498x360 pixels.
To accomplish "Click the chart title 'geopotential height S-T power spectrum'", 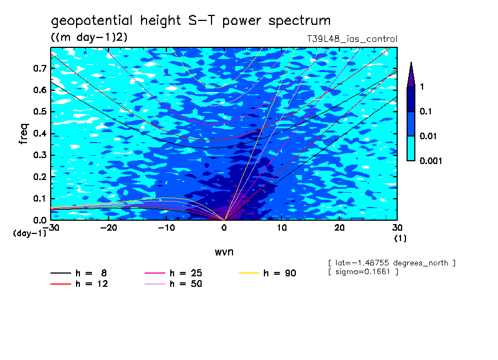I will [191, 21].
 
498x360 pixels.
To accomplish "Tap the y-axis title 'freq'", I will [23, 134].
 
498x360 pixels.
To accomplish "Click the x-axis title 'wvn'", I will [224, 252].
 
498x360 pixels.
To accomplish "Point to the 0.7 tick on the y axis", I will [39, 68].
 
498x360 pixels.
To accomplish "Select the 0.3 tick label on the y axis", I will [39, 155].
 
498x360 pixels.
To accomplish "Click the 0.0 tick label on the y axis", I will [39, 220].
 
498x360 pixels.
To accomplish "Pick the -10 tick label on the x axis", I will [166, 228].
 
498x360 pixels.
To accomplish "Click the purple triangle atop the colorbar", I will [411, 75].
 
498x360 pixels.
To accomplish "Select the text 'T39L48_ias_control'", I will [351, 39].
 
